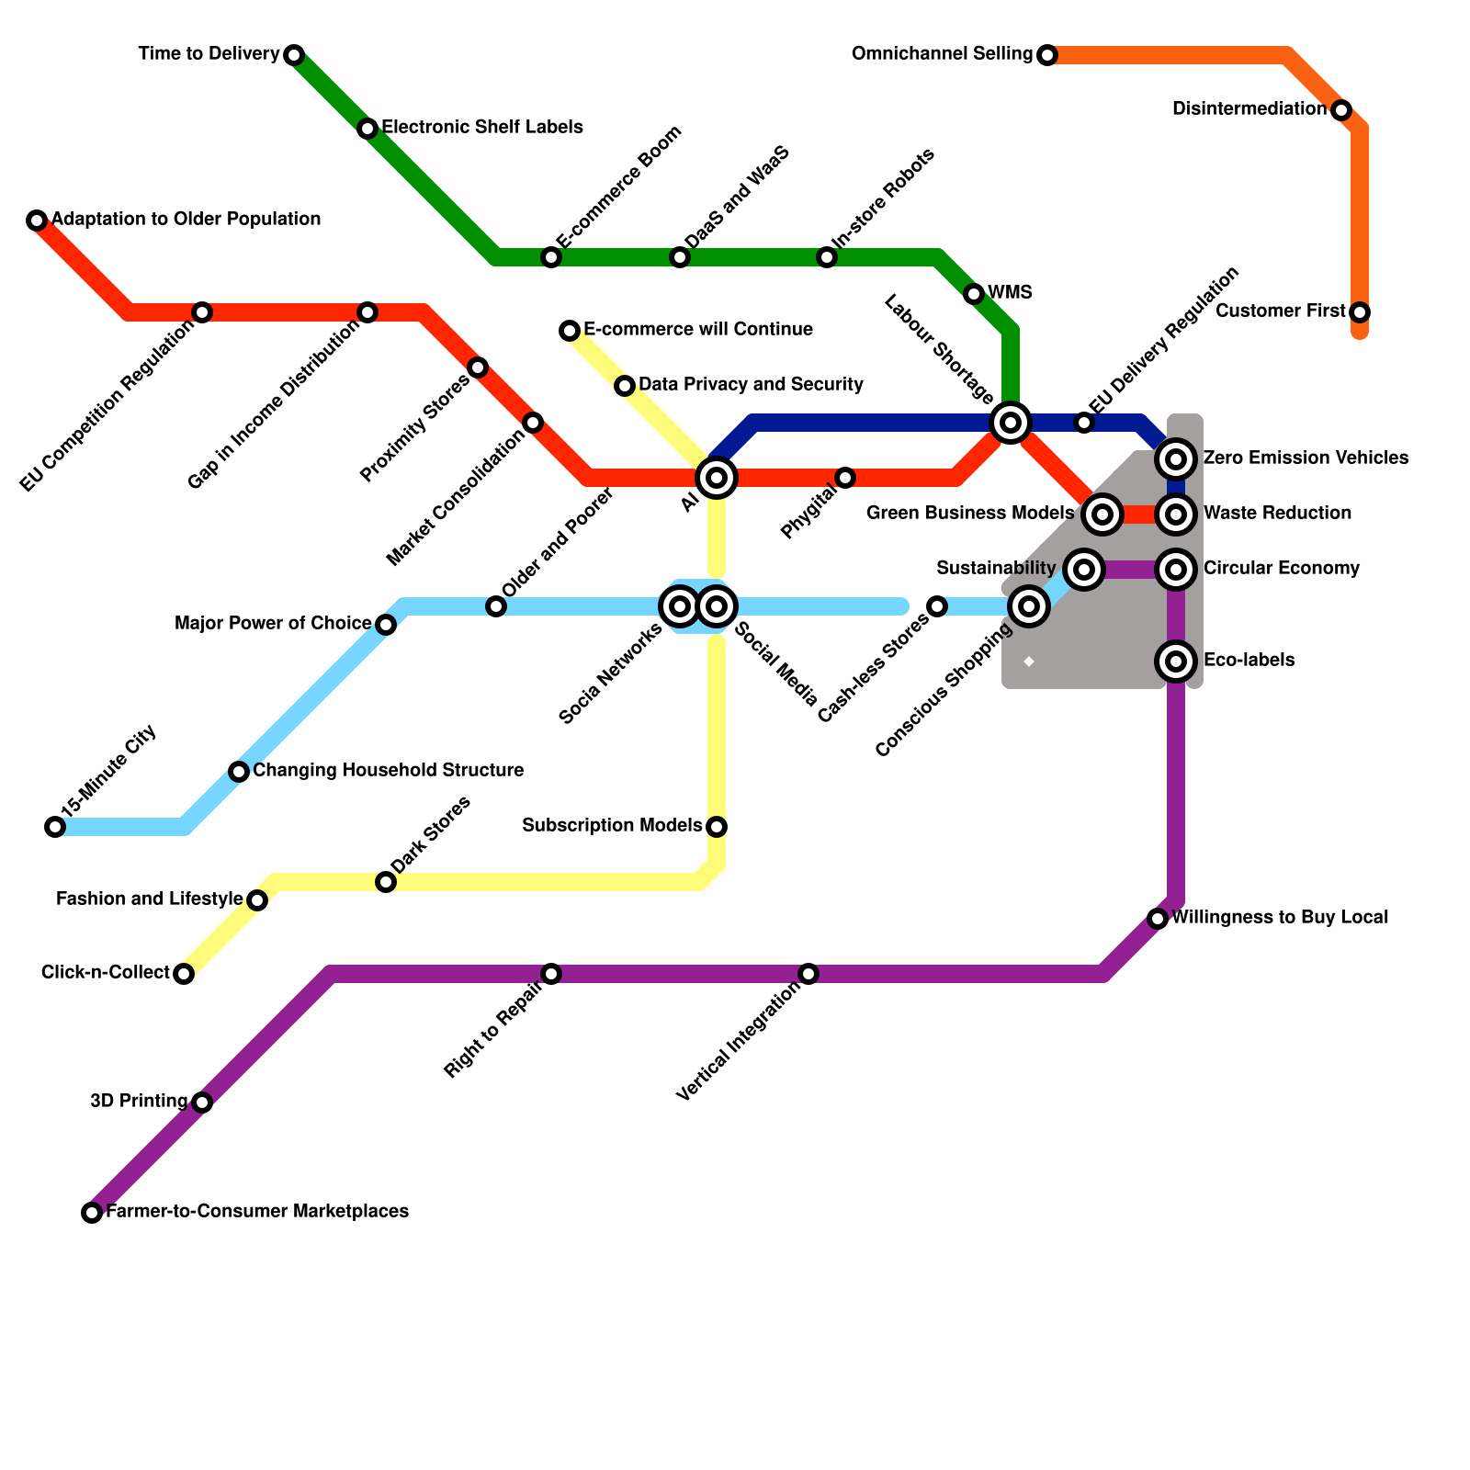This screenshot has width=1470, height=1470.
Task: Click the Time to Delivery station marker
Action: [294, 55]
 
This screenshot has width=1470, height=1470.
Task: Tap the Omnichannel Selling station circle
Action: [1047, 55]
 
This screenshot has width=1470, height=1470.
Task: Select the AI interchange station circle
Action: [717, 478]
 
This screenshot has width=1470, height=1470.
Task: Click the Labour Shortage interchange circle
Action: [1011, 423]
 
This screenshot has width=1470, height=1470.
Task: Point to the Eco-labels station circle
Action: [1176, 661]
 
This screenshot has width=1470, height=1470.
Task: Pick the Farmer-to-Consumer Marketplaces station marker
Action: [92, 1213]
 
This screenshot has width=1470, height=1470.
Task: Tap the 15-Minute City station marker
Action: [55, 827]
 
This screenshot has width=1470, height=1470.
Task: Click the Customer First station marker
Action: [1360, 312]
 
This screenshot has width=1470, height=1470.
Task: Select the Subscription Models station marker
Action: [717, 827]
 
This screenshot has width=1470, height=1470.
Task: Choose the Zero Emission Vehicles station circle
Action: [1176, 459]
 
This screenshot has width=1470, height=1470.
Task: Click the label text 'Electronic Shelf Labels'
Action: [482, 128]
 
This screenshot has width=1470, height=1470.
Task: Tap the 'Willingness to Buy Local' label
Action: [1280, 918]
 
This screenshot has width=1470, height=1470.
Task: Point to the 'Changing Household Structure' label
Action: [388, 771]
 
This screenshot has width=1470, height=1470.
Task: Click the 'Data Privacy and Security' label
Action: [751, 385]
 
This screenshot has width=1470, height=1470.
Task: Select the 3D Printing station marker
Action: [202, 1102]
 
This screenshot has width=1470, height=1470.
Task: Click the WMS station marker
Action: [974, 294]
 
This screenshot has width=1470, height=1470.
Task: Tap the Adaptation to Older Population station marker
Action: [37, 220]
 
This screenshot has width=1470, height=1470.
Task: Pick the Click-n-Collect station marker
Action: [184, 974]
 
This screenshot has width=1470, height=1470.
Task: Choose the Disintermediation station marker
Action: [1341, 110]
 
